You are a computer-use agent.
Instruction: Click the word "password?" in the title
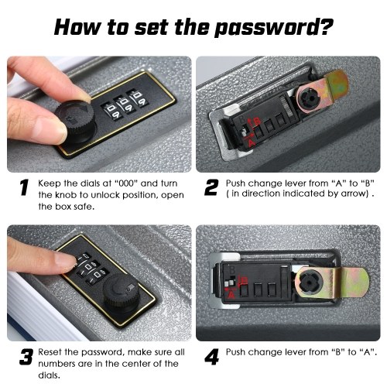274,28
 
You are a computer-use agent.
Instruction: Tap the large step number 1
24,188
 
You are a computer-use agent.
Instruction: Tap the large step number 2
211,188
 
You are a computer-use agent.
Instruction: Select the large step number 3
26,357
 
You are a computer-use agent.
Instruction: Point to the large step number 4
211,357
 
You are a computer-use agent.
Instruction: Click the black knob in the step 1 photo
76,122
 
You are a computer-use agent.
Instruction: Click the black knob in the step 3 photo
121,293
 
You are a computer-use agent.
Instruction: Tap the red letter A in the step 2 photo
251,142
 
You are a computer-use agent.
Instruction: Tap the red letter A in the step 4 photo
231,295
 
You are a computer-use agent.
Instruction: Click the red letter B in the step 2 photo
257,122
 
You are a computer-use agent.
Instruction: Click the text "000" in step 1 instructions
126,183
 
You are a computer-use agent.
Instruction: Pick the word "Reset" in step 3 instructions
50,352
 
